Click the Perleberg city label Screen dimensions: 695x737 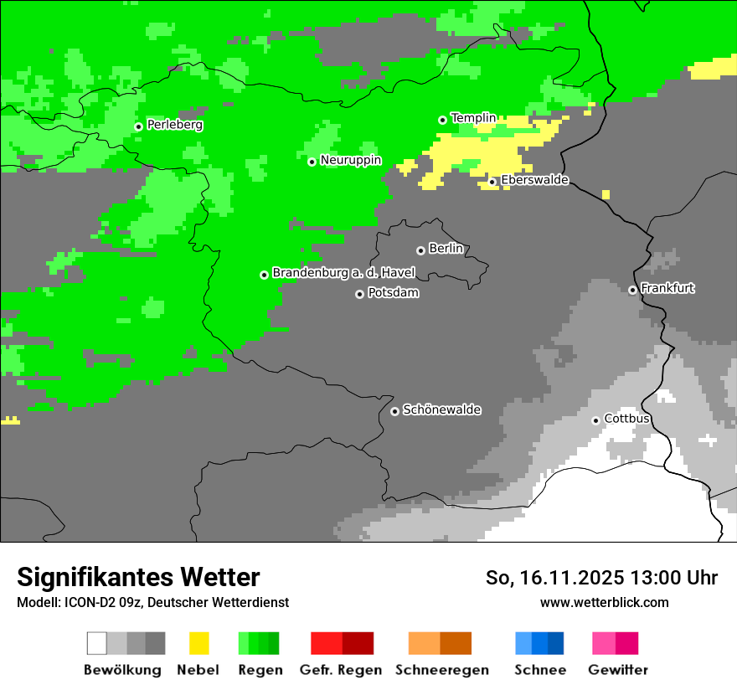click(x=174, y=125)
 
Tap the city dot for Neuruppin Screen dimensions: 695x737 click(x=312, y=162)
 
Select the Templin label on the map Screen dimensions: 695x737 click(x=473, y=118)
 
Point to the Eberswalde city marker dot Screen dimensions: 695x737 click(x=492, y=182)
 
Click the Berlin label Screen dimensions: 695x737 click(x=446, y=249)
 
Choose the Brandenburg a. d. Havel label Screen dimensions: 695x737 click(x=343, y=273)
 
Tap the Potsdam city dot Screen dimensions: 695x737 click(x=359, y=294)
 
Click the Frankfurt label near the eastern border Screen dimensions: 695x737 click(x=667, y=288)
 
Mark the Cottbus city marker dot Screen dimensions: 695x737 click(x=595, y=420)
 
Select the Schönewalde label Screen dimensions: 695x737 click(x=441, y=409)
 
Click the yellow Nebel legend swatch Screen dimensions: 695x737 click(x=198, y=643)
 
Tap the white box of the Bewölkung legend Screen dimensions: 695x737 click(x=97, y=643)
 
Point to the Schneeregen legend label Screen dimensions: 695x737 click(x=441, y=670)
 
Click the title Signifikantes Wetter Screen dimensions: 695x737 click(x=138, y=577)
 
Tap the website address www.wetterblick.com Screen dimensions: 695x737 click(x=604, y=602)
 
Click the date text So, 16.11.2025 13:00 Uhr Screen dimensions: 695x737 click(x=601, y=578)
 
